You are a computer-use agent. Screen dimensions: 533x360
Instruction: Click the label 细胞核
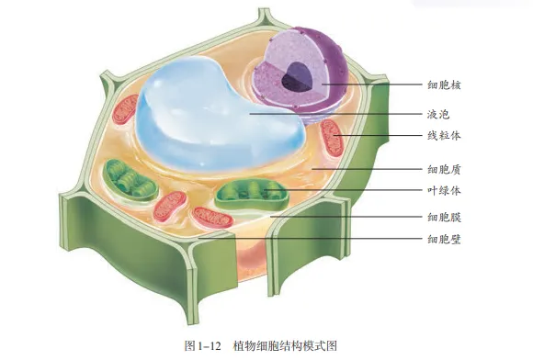tap(444, 85)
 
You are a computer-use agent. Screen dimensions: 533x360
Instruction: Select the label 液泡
tap(437, 115)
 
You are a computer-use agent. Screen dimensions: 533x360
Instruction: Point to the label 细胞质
tap(444, 169)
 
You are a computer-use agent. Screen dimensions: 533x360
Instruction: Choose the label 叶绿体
tap(444, 191)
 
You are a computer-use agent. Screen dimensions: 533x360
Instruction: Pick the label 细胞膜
tap(444, 218)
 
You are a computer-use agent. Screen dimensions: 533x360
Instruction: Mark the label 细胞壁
tap(444, 240)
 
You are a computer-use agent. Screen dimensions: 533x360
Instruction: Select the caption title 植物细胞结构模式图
tap(286, 345)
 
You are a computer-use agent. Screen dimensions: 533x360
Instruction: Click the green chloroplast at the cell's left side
tap(127, 178)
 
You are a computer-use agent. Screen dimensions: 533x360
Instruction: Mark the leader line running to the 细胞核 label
tap(368, 85)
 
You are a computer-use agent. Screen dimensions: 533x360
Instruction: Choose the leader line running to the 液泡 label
tap(331, 115)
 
